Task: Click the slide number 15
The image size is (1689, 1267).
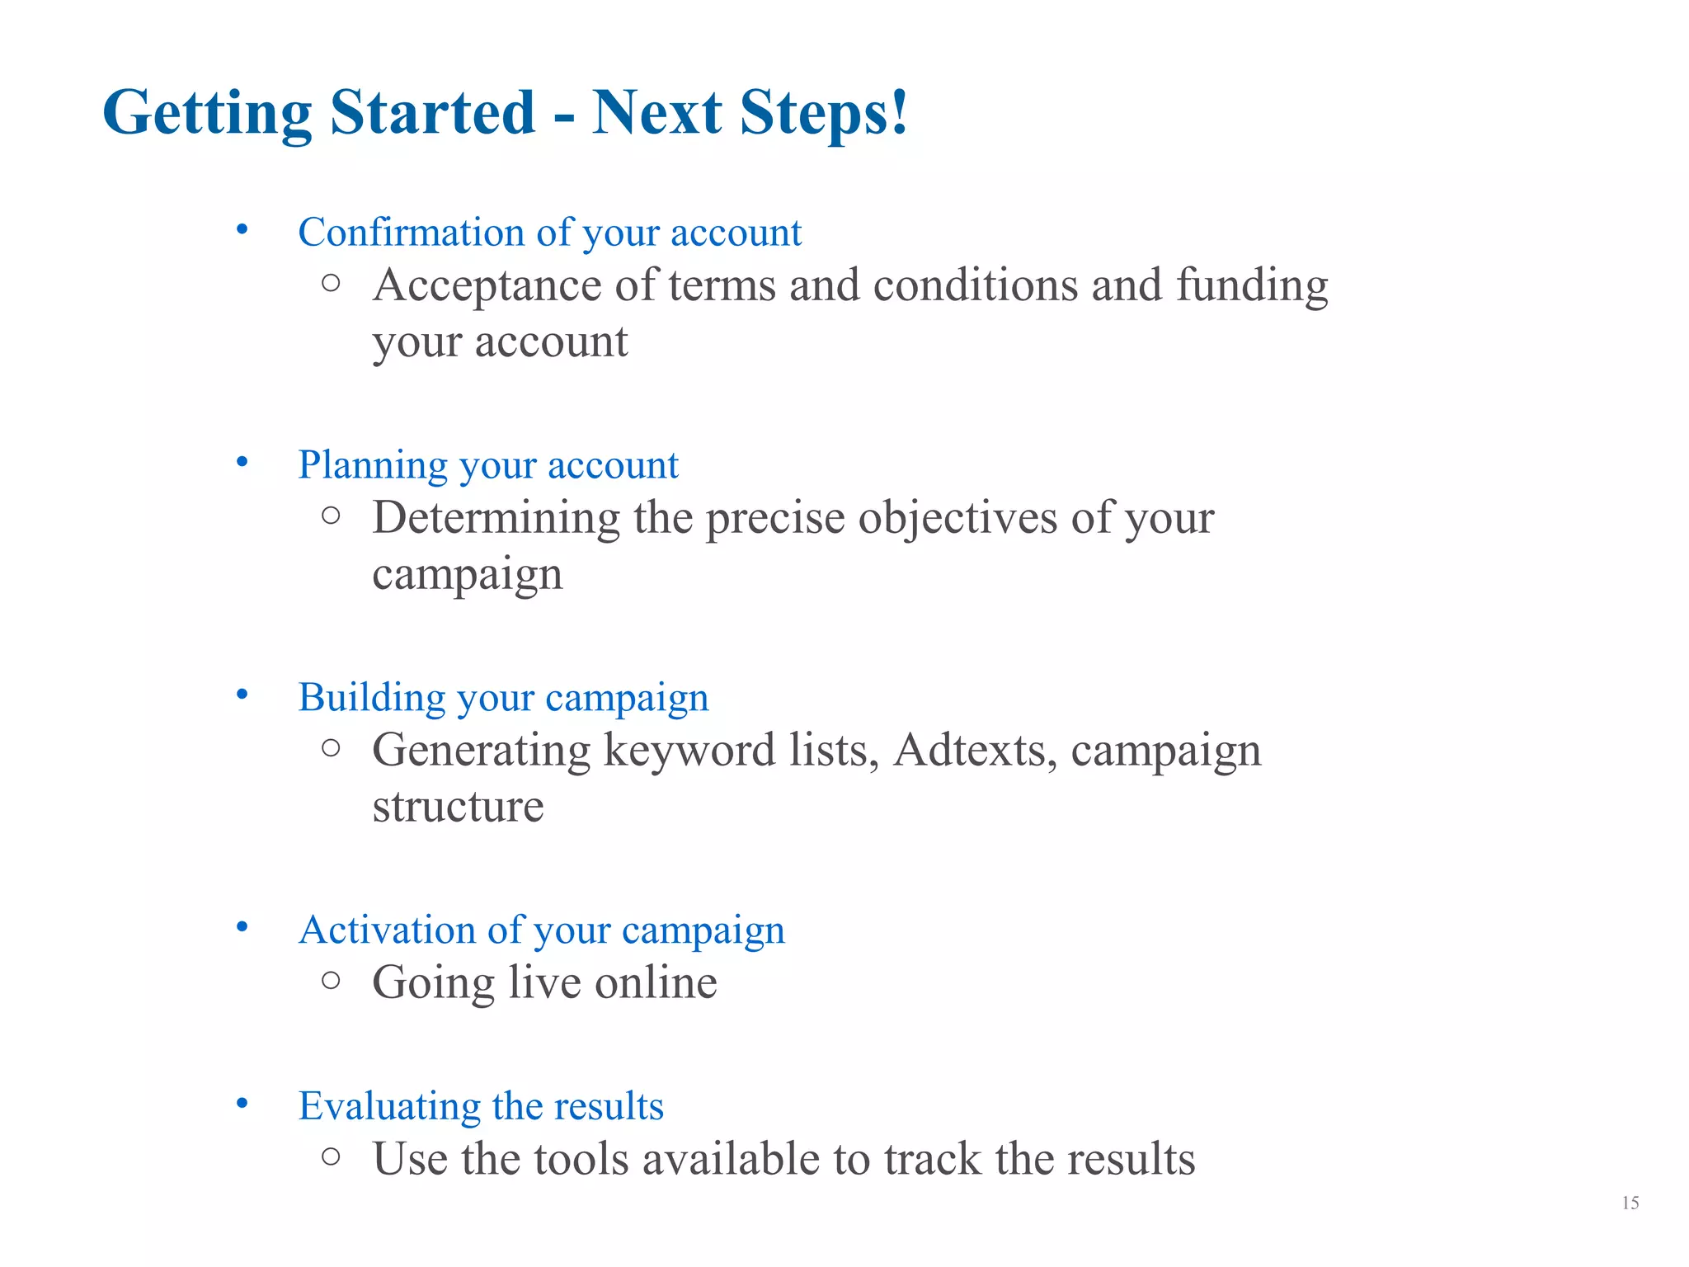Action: click(x=1630, y=1203)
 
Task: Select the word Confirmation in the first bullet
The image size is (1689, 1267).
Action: click(x=411, y=232)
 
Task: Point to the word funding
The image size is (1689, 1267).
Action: click(x=1251, y=286)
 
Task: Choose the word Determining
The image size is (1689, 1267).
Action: click(x=496, y=518)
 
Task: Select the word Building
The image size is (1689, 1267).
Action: click(x=372, y=698)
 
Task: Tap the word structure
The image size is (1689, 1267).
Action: click(x=458, y=806)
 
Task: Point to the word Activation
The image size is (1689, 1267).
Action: click(x=386, y=930)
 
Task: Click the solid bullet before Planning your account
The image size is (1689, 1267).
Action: click(x=242, y=462)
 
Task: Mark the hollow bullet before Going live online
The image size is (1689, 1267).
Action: click(x=331, y=980)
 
